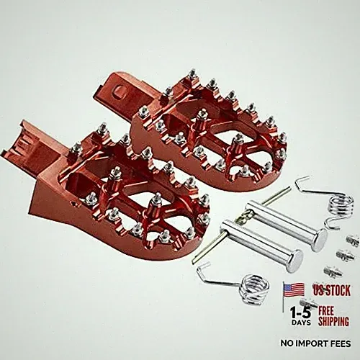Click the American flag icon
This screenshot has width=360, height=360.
(x=294, y=290)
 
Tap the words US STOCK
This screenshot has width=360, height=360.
(x=332, y=290)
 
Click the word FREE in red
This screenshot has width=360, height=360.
(x=326, y=311)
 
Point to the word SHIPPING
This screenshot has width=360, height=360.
(x=333, y=321)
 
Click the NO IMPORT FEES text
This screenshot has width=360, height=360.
(x=315, y=343)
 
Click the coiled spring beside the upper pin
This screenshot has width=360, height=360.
(x=341, y=205)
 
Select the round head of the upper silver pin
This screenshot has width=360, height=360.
(x=320, y=240)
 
